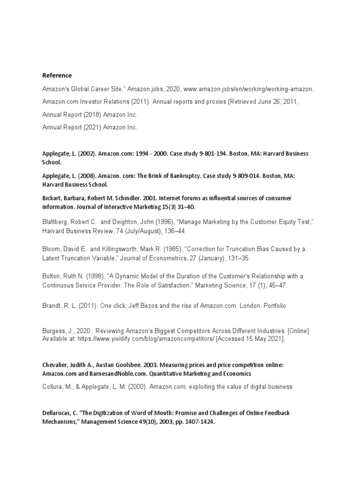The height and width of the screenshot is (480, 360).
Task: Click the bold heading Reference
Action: (57, 75)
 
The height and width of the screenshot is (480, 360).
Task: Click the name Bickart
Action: (52, 198)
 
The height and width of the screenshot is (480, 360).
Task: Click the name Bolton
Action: (52, 276)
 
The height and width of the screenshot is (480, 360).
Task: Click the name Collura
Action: (52, 387)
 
